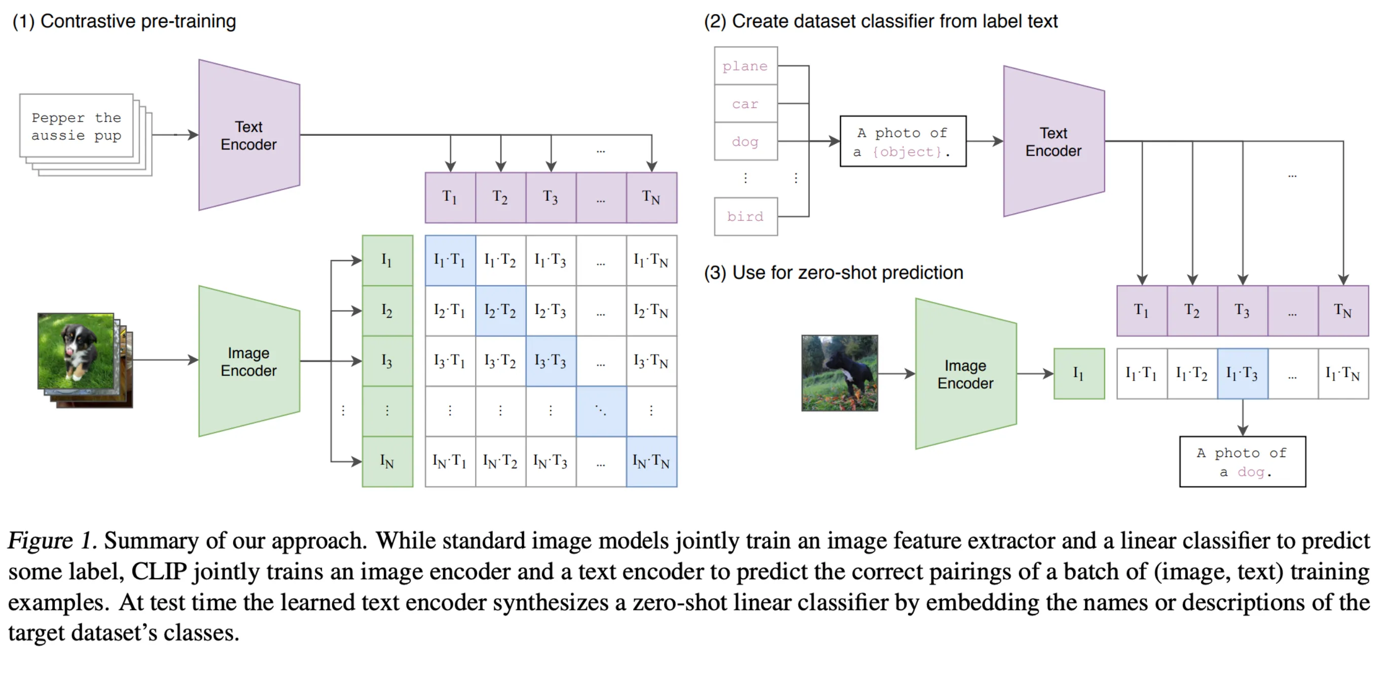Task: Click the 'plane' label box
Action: coord(745,65)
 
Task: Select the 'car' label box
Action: coord(745,103)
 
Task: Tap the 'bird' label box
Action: coord(745,216)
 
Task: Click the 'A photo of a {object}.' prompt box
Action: coord(903,141)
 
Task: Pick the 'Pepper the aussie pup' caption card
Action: coord(77,126)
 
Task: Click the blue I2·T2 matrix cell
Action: coord(500,311)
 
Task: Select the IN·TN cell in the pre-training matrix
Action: coord(651,462)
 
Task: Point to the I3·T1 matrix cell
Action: coord(450,361)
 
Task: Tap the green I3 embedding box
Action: coord(387,361)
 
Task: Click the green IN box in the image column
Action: coord(387,462)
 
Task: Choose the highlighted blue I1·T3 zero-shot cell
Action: coord(1242,373)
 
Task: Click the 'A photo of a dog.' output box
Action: coord(1242,462)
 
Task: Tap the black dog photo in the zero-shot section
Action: coord(840,373)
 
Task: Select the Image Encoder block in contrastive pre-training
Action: coord(249,361)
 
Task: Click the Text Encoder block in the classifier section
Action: coord(1053,141)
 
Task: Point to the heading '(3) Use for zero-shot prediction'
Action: coord(833,273)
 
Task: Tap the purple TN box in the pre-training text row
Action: coord(651,197)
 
